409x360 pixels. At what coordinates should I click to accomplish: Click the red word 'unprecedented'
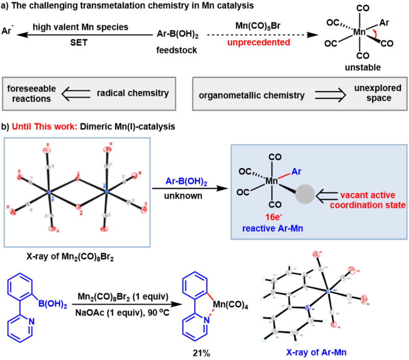tap(259, 42)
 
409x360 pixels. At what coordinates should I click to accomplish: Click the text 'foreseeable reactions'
tap(32, 94)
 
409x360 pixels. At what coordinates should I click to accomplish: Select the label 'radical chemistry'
tap(133, 93)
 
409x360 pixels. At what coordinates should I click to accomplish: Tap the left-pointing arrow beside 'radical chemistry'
tap(75, 94)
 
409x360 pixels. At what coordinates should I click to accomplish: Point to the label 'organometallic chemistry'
tap(252, 95)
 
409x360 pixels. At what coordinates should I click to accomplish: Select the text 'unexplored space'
tap(378, 93)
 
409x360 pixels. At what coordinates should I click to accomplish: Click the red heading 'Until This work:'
tap(44, 126)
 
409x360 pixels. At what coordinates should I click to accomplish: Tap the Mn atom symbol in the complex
tap(272, 181)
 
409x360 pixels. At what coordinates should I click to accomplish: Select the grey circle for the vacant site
tap(306, 195)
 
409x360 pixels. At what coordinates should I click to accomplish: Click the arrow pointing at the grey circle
tap(328, 195)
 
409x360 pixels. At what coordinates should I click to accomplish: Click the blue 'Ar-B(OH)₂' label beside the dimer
tap(186, 181)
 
